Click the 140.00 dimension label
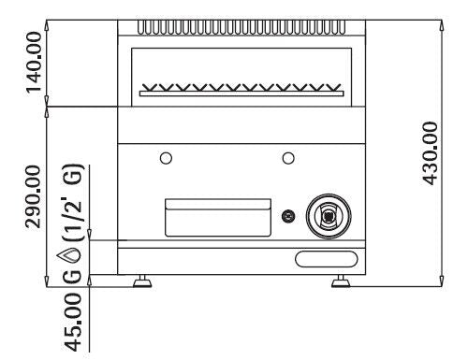34,63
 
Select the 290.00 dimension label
33,197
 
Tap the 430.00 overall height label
430,153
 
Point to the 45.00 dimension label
73,323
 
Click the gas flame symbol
68,255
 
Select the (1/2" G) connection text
74,202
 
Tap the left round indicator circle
166,158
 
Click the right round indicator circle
288,158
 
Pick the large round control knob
329,216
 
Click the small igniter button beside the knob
288,216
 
